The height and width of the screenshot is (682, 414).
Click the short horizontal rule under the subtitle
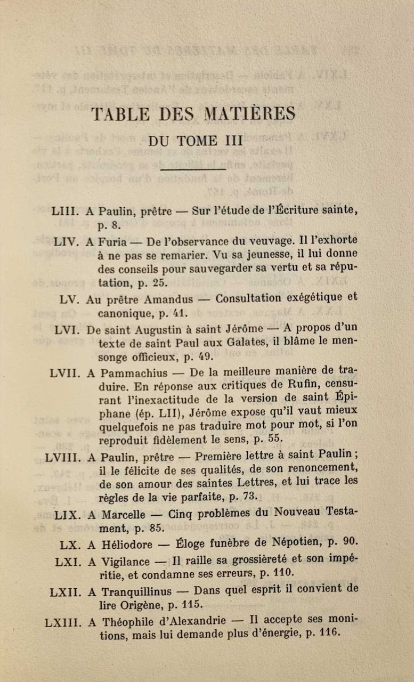pos(193,169)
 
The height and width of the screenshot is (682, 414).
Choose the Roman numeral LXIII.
pos(61,621)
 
